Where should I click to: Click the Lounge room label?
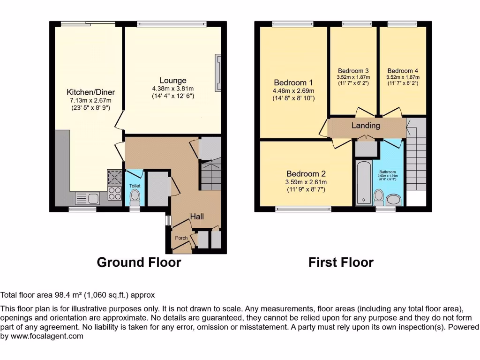pos(172,81)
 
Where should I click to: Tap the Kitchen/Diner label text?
pos(90,92)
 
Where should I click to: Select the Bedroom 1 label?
pos(293,82)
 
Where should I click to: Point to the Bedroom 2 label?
pos(306,173)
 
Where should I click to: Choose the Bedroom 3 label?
pos(353,71)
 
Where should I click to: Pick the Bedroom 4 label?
pos(403,71)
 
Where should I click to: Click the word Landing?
pos(366,126)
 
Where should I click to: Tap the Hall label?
pos(196,216)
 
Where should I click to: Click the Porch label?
pos(181,238)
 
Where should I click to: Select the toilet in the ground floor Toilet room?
pos(135,196)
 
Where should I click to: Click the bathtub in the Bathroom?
pos(363,183)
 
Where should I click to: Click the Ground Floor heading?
pos(139,262)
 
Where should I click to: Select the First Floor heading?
pos(341,262)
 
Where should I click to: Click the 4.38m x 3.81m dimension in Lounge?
pos(172,89)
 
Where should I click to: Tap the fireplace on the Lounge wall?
pos(217,73)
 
